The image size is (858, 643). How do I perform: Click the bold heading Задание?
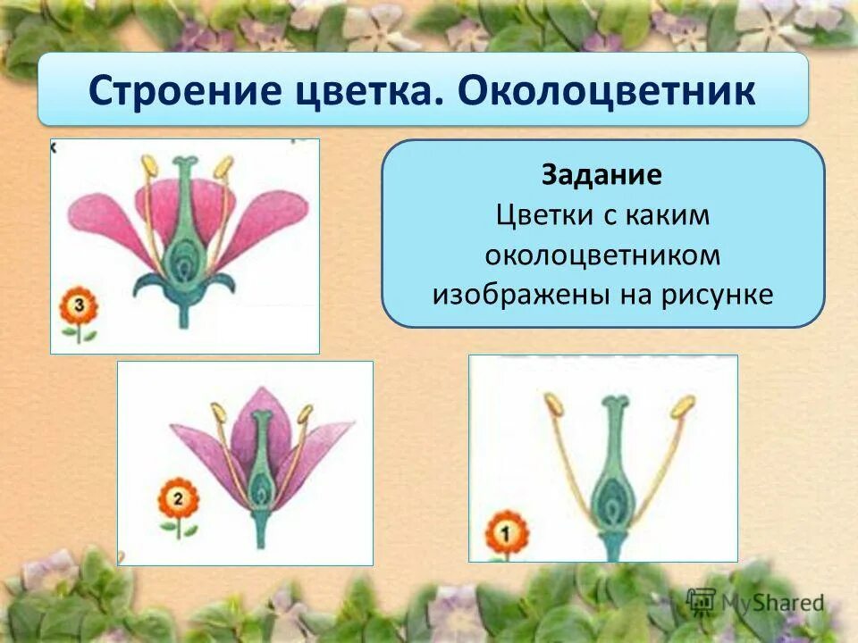[x=601, y=175]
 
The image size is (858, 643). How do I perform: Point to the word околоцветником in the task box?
[x=601, y=255]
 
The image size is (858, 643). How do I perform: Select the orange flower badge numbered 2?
[x=178, y=501]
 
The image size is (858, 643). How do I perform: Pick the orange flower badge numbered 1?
[x=507, y=533]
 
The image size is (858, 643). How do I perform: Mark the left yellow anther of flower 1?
[x=553, y=405]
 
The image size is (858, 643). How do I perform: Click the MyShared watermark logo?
[x=755, y=602]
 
